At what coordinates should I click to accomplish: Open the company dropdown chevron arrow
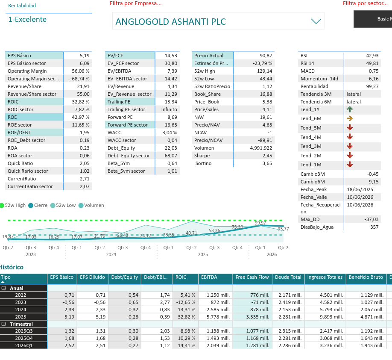click(x=316, y=21)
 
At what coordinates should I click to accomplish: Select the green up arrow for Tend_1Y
click(x=350, y=109)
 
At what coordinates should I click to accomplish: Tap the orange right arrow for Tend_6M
click(x=350, y=118)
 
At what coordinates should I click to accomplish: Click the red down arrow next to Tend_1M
click(x=350, y=165)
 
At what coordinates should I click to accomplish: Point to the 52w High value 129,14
click(x=264, y=71)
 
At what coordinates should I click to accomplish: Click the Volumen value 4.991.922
click(x=261, y=148)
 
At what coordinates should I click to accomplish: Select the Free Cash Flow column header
click(x=252, y=277)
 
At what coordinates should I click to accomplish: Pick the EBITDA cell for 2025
click(x=218, y=317)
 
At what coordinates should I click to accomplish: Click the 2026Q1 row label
click(x=24, y=345)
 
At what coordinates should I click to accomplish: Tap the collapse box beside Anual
click(x=4, y=288)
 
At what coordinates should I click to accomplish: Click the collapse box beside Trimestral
click(x=4, y=324)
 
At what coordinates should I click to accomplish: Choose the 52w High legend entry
click(x=13, y=205)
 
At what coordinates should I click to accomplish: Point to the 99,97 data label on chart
click(x=260, y=223)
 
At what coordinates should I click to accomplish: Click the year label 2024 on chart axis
click(x=111, y=254)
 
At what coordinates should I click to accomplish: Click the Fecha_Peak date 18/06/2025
click(x=360, y=189)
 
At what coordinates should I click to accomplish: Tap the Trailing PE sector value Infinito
click(x=169, y=109)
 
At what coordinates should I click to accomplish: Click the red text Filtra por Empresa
click(x=136, y=3)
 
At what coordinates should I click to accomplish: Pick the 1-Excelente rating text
click(x=27, y=20)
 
